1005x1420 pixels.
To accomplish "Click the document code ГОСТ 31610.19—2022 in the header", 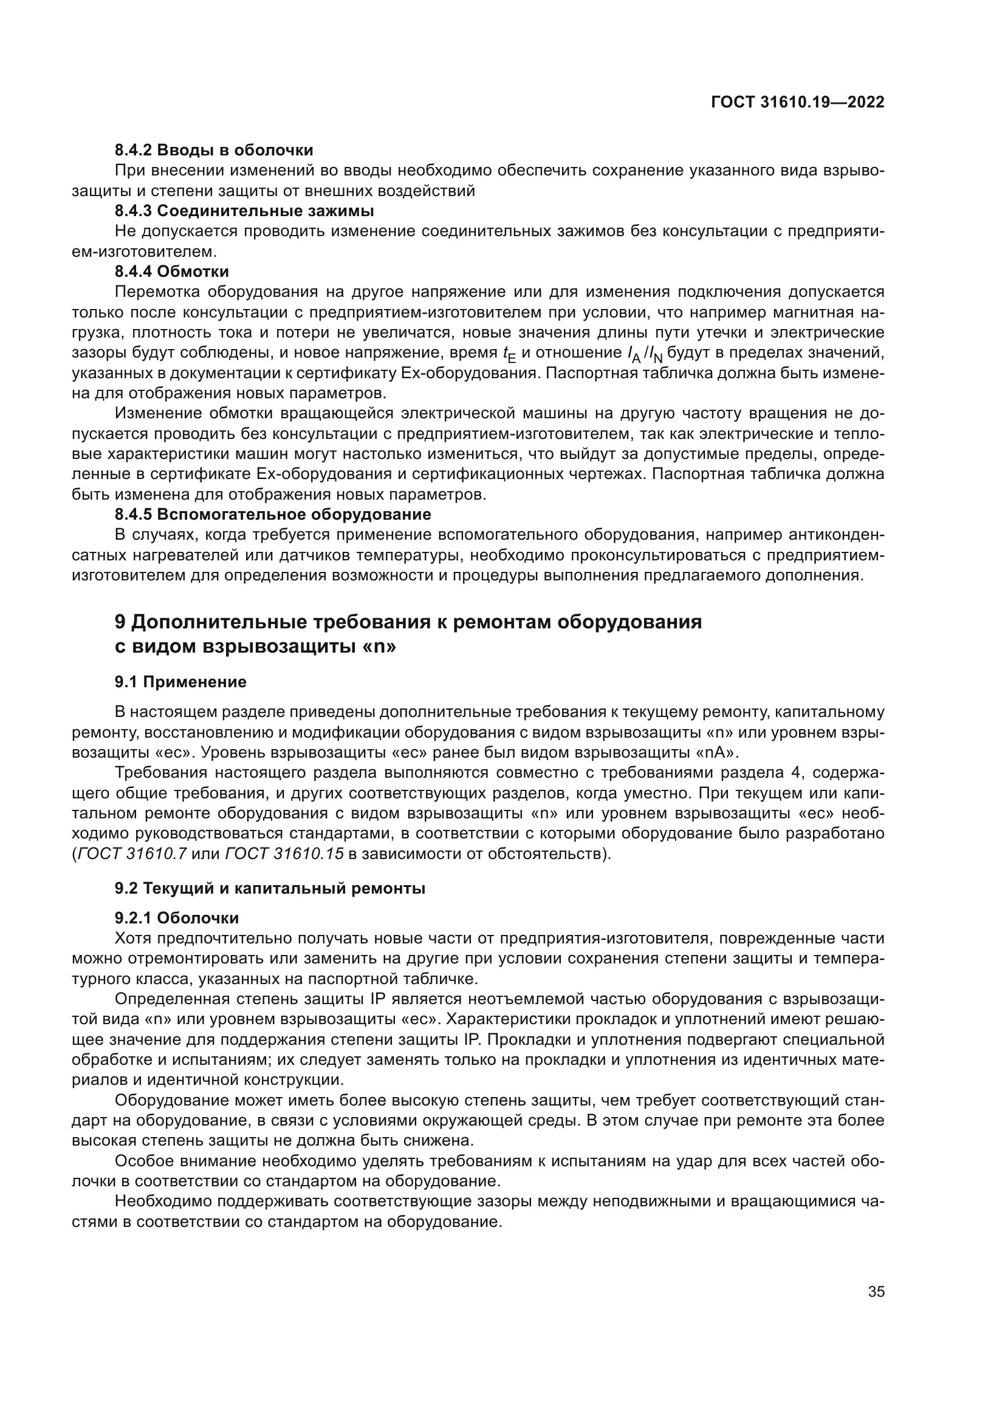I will (797, 103).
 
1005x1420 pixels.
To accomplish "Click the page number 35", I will (876, 1291).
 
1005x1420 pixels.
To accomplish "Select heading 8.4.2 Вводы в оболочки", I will (213, 151).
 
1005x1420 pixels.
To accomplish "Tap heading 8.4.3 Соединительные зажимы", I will (244, 211).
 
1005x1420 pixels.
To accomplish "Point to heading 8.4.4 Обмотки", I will (171, 271).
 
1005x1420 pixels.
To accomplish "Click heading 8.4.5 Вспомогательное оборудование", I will (272, 514).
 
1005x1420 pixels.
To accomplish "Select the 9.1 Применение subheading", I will (180, 682).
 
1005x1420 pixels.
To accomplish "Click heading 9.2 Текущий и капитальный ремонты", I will (270, 889).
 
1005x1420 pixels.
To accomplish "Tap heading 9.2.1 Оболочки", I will (176, 918).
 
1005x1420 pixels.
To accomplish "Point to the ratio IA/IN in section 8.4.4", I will (644, 355).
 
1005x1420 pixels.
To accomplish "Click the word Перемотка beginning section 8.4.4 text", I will (157, 292).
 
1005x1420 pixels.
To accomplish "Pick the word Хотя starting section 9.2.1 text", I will (133, 938).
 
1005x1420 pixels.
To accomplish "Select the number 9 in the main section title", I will (121, 622).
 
